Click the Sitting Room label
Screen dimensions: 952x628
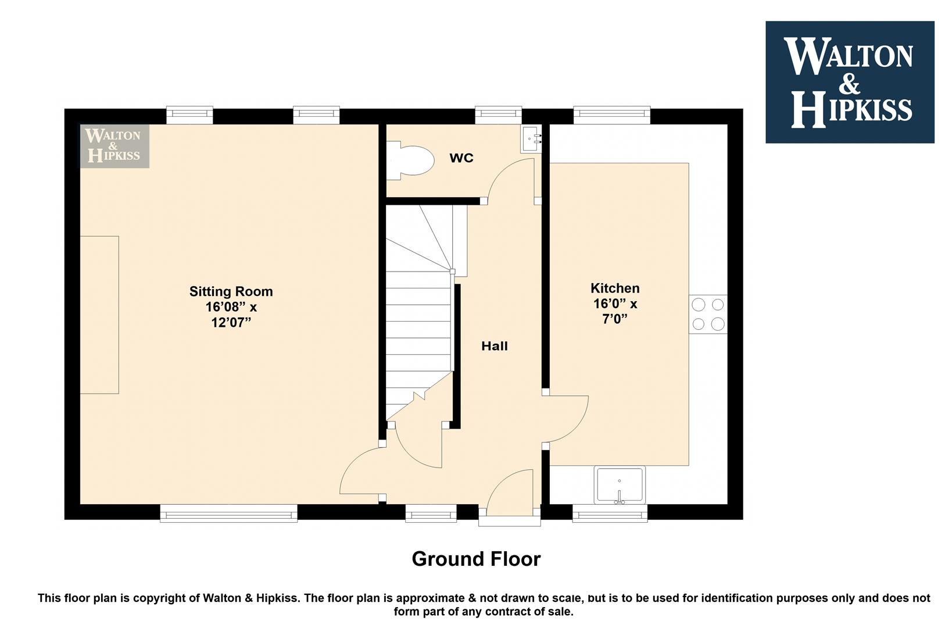coord(231,291)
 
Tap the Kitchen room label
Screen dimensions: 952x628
coord(615,288)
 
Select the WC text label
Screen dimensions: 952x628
coord(461,158)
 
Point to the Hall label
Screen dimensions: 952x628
coord(494,346)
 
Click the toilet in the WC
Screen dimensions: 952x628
coord(410,160)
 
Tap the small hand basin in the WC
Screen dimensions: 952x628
coord(531,138)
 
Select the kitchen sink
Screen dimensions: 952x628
coord(620,485)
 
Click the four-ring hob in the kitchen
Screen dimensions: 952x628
coord(708,314)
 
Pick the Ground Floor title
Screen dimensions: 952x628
coord(476,559)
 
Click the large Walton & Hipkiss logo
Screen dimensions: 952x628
coord(850,82)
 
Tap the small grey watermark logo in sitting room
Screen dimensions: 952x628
coord(114,146)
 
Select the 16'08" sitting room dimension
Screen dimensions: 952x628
coord(221,307)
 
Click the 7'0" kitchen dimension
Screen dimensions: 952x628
coord(615,319)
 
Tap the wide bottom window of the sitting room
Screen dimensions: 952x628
coord(228,513)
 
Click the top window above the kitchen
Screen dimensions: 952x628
coord(612,115)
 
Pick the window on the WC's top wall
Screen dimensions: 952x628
coord(498,115)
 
